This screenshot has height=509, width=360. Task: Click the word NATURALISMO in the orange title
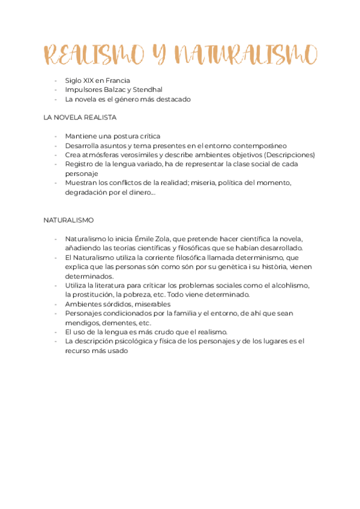click(246, 55)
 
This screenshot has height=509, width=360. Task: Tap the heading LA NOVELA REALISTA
click(80, 118)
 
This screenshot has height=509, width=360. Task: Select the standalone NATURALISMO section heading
click(68, 220)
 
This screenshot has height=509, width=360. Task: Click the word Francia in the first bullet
click(117, 80)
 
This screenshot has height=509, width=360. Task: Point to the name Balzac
click(116, 90)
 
